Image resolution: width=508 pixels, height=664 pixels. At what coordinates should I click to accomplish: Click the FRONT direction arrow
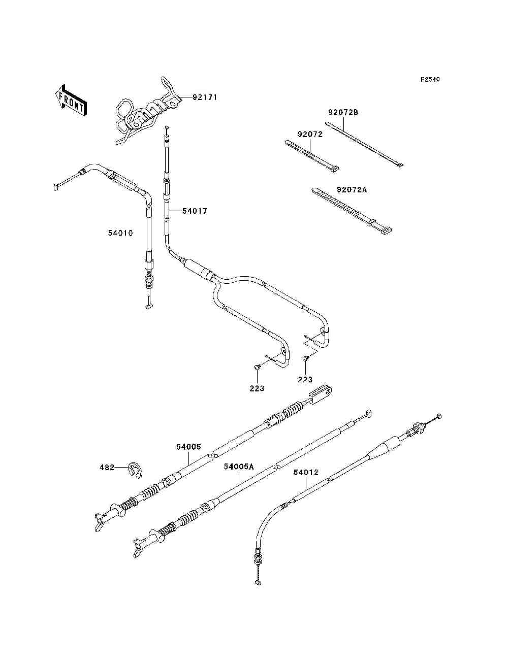coord(71,99)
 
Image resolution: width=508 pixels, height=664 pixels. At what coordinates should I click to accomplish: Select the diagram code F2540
coord(430,80)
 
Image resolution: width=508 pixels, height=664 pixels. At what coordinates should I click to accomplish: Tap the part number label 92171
coord(205,97)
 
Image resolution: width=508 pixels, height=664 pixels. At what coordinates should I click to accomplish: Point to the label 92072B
coord(343,112)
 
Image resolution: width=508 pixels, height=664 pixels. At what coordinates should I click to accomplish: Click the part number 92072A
coord(352,190)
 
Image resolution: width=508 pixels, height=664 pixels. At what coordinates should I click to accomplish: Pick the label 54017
coord(195,211)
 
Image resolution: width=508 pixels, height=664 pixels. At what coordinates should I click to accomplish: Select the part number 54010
coord(120,233)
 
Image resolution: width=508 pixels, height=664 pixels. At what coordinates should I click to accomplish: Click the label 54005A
coord(239,467)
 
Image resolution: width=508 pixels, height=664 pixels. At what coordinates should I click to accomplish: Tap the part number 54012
coord(306,472)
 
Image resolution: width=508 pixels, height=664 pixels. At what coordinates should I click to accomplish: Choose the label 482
coord(107,468)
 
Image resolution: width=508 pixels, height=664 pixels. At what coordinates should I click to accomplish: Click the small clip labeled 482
coord(135,470)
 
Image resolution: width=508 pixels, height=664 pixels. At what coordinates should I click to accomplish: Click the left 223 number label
coord(257,388)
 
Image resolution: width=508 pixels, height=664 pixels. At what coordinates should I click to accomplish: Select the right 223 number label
coord(305,379)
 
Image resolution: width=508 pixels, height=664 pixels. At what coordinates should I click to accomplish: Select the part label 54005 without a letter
coord(188,447)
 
